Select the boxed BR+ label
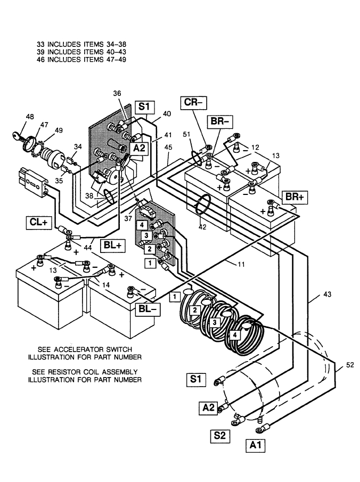click(x=294, y=197)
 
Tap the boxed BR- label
click(x=219, y=121)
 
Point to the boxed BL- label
click(x=146, y=309)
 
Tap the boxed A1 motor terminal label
click(x=255, y=444)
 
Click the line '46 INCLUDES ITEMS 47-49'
click(x=82, y=59)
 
